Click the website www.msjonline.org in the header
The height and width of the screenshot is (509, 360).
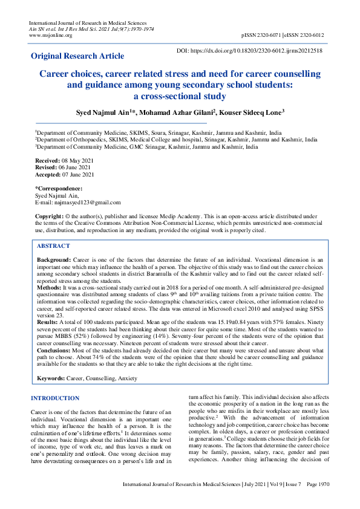[x=51, y=35]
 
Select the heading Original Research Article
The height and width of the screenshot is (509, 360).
[x=77, y=56]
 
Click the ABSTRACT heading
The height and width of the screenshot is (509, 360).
[x=53, y=246]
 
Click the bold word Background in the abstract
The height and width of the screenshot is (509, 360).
[x=53, y=259]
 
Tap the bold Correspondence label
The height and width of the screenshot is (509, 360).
[x=59, y=189]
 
